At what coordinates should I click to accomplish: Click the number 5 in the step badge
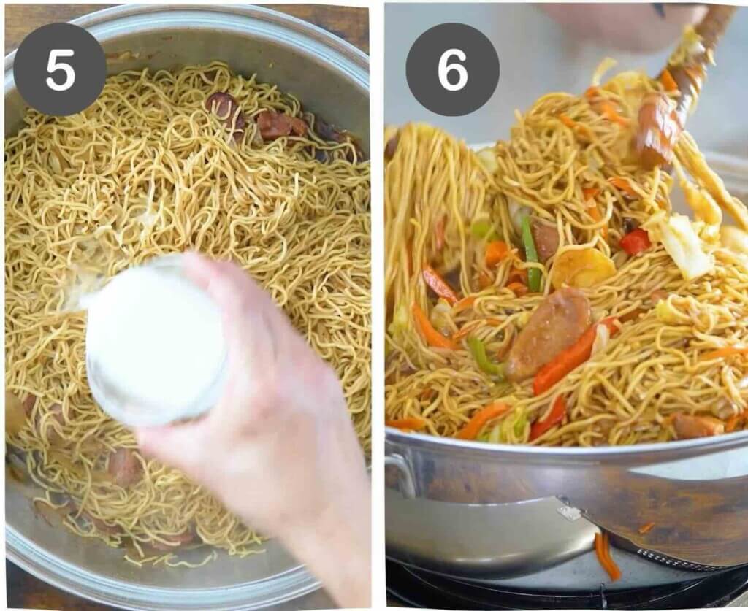pyautogui.click(x=59, y=69)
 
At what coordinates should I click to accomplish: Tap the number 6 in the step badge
pyautogui.click(x=452, y=69)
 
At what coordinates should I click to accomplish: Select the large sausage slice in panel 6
pyautogui.click(x=548, y=332)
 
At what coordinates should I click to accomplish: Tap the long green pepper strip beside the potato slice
pyautogui.click(x=531, y=252)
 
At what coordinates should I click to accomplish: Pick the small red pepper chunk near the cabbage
pyautogui.click(x=635, y=242)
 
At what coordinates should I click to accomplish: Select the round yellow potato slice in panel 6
pyautogui.click(x=582, y=268)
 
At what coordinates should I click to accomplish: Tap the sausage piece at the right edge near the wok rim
pyautogui.click(x=698, y=426)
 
